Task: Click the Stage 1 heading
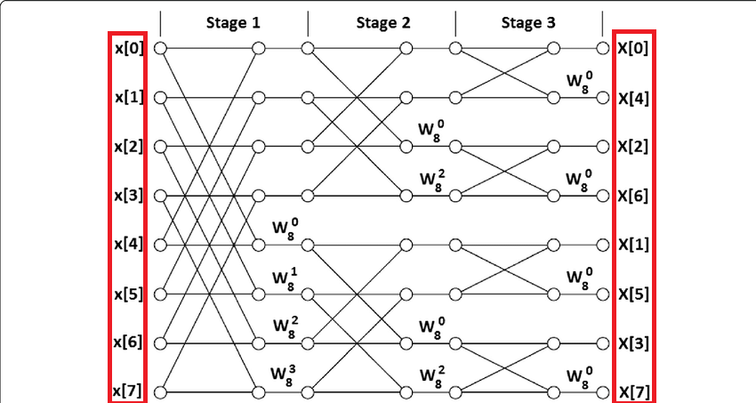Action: click(x=233, y=23)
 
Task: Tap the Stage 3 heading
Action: click(x=529, y=23)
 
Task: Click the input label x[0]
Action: click(x=127, y=48)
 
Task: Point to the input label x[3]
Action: click(x=127, y=195)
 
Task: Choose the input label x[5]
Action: click(x=127, y=293)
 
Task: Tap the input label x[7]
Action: click(x=127, y=391)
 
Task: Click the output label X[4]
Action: click(x=633, y=97)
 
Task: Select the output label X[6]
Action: click(x=633, y=195)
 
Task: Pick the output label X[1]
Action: click(x=633, y=244)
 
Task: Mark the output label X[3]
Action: click(x=633, y=342)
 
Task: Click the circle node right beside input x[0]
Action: click(x=160, y=48)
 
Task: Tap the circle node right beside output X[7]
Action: click(x=604, y=391)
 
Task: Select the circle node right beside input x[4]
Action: click(x=160, y=244)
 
